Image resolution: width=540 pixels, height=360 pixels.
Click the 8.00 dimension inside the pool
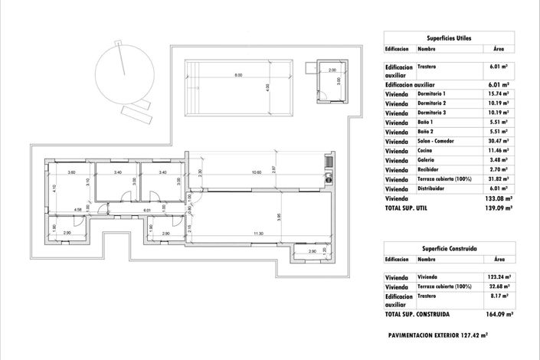(x=238, y=75)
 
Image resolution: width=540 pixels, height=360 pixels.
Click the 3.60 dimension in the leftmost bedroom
(x=71, y=173)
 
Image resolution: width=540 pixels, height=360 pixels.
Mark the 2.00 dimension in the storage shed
(x=332, y=70)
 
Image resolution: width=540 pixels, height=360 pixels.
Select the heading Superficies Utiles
(x=449, y=38)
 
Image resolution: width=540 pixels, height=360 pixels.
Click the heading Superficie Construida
(x=449, y=248)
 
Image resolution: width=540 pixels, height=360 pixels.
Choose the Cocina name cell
(x=427, y=150)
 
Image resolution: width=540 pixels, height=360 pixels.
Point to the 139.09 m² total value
(x=499, y=208)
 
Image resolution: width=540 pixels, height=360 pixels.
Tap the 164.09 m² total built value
(x=499, y=314)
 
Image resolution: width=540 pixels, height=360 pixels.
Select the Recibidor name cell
(x=430, y=169)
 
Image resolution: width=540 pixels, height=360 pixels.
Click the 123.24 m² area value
(x=499, y=277)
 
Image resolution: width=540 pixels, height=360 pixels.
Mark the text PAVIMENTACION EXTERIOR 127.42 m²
(x=437, y=335)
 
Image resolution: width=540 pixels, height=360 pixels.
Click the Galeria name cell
(x=427, y=160)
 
